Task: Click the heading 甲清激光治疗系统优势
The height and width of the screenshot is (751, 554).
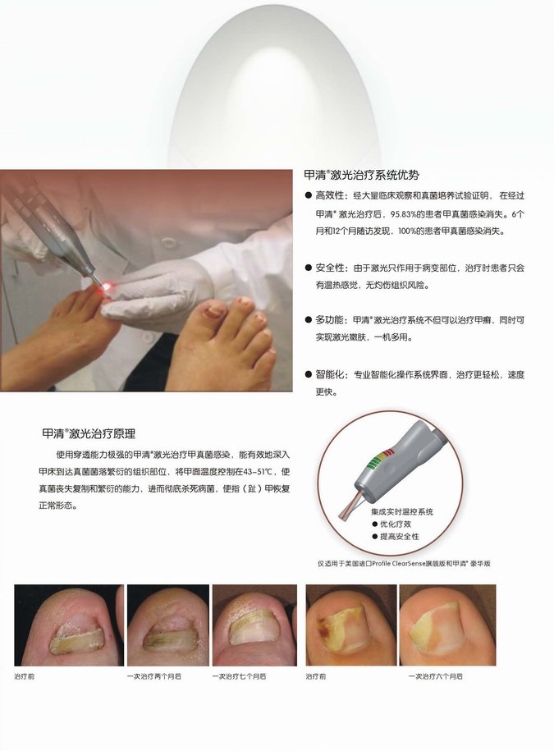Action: [361, 175]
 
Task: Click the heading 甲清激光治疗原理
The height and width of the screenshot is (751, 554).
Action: [89, 434]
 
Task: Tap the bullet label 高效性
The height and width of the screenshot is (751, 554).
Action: [329, 196]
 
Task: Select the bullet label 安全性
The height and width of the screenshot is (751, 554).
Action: [329, 268]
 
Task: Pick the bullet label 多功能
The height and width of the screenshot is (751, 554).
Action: [329, 320]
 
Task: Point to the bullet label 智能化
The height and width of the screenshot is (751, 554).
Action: [329, 374]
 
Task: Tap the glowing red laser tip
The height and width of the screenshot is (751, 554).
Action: [107, 286]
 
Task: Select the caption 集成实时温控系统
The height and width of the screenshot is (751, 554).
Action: [401, 511]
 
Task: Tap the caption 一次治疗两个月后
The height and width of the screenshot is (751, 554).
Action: [154, 676]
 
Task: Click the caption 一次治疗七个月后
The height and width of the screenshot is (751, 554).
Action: [239, 676]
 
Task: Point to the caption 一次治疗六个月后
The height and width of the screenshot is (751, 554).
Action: [436, 676]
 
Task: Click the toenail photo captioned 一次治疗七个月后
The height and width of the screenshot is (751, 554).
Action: [254, 625]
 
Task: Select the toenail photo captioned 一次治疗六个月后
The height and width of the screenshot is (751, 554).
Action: [447, 625]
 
